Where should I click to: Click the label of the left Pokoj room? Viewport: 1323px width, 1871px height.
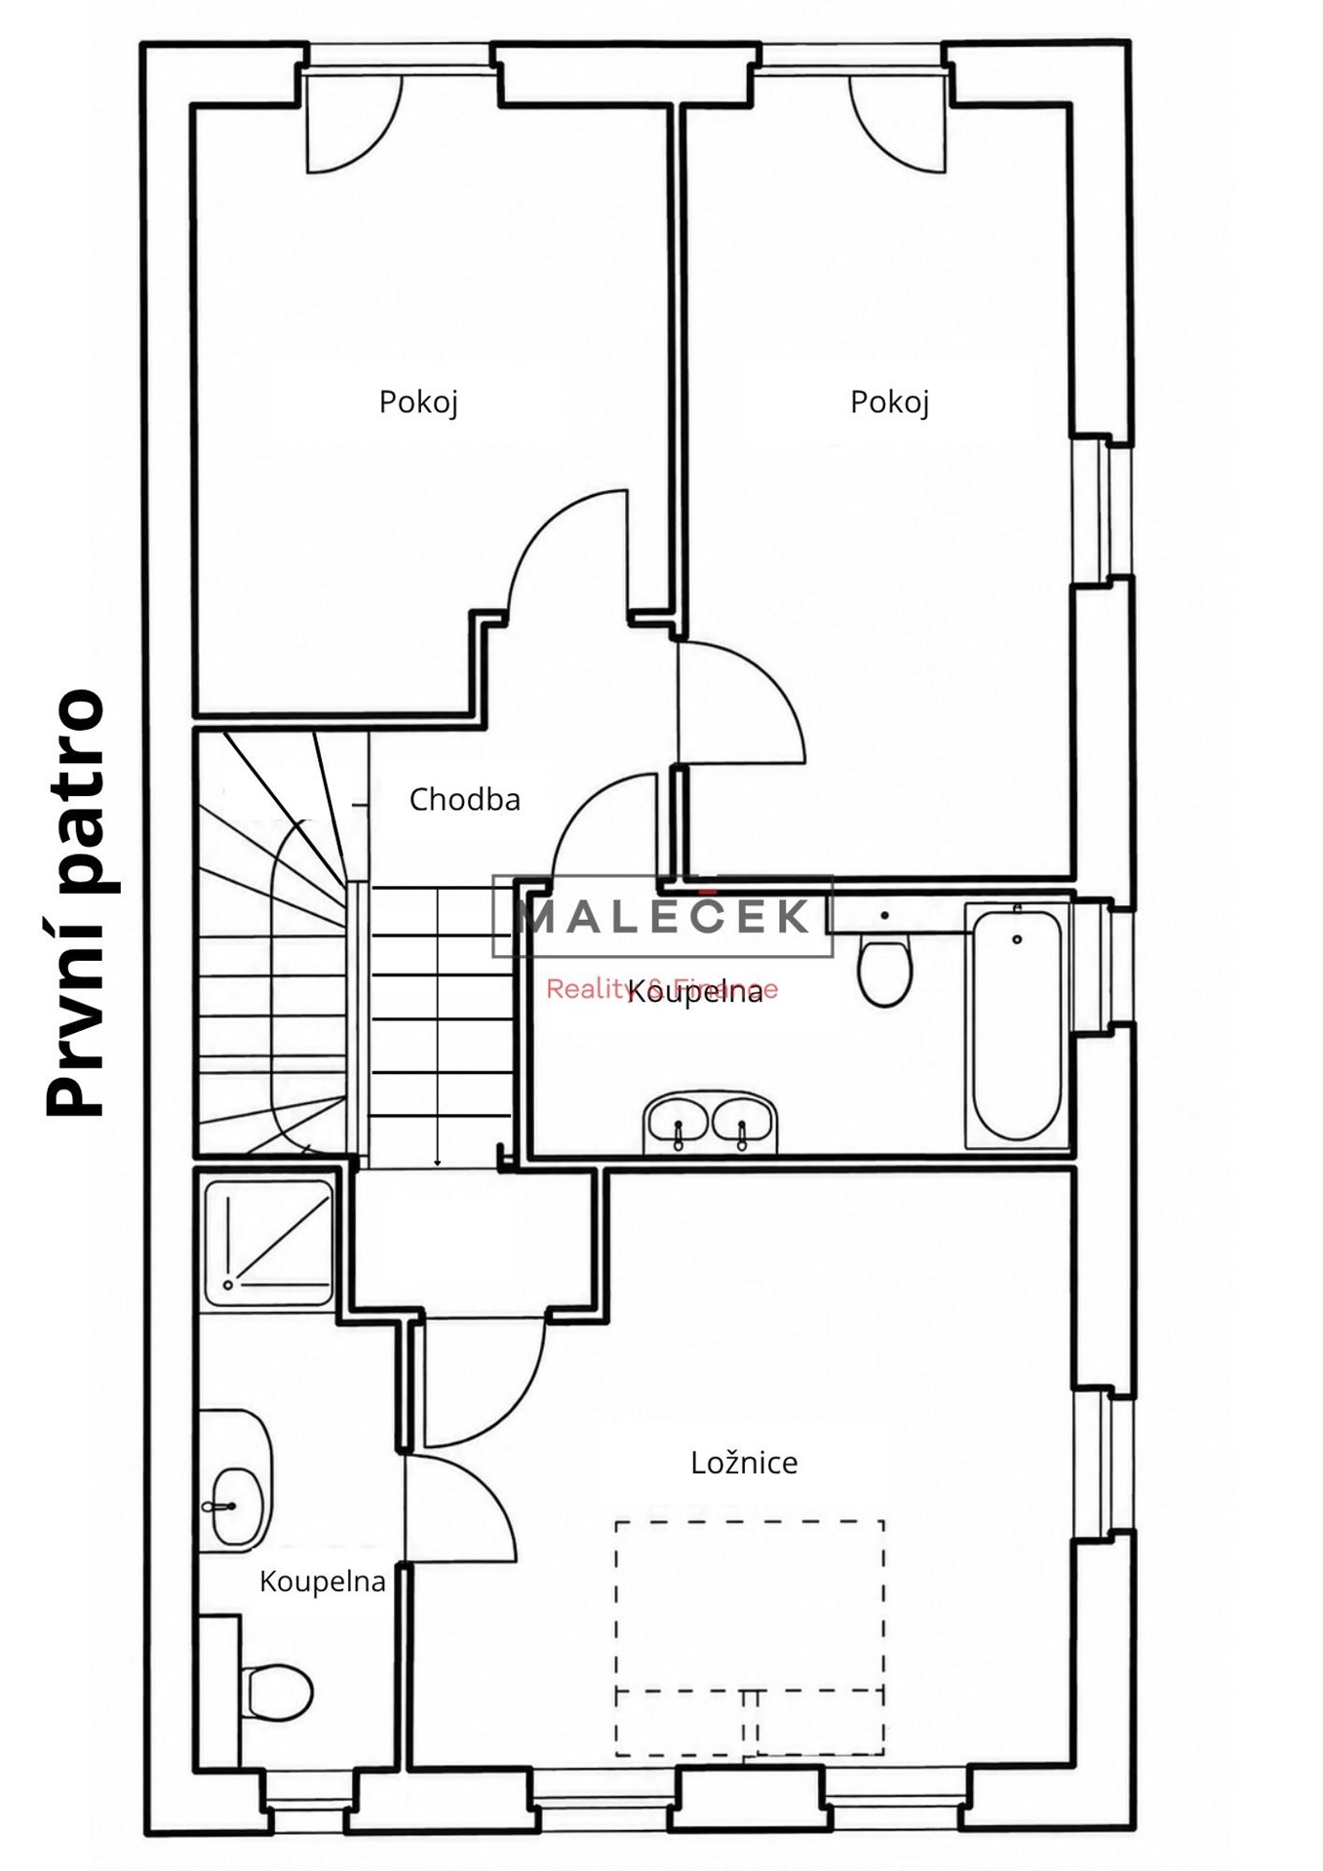click(418, 402)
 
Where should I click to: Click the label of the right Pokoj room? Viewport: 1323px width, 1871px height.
click(889, 402)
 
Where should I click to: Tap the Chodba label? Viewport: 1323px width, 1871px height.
click(464, 800)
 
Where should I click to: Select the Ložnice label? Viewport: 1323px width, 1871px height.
click(744, 1463)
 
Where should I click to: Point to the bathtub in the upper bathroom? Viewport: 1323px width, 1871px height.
click(1017, 1024)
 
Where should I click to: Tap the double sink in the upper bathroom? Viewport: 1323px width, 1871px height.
click(711, 1122)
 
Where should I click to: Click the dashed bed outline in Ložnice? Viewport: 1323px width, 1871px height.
click(750, 1638)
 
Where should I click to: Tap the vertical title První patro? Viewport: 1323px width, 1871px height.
click(74, 902)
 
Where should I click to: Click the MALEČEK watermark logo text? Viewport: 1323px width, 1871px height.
click(662, 917)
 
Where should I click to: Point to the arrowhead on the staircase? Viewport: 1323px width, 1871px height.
click(438, 1161)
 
